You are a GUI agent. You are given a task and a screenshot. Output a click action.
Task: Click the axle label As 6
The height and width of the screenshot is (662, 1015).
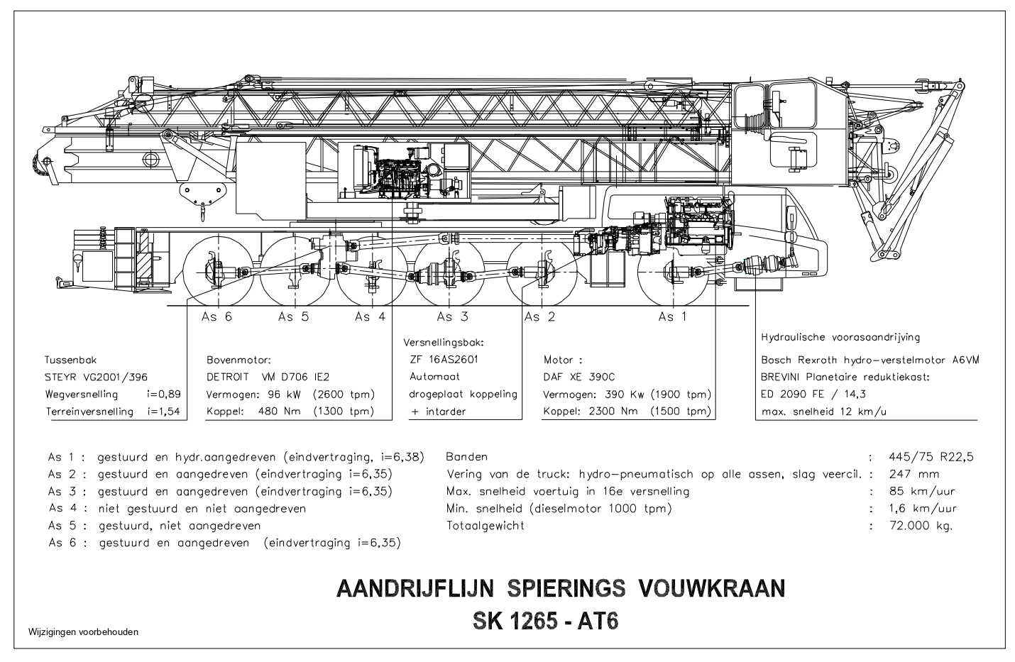pos(217,316)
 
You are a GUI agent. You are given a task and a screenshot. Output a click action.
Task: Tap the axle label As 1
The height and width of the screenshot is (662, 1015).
pos(672,316)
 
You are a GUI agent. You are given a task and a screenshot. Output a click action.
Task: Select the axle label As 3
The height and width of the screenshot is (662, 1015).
pos(452,316)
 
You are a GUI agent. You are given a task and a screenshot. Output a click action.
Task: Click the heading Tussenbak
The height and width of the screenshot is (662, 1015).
pos(70,359)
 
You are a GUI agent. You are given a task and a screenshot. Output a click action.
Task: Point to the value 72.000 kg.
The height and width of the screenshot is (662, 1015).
pos(921,526)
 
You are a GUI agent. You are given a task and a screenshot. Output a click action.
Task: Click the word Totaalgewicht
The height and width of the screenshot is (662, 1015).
pos(485,526)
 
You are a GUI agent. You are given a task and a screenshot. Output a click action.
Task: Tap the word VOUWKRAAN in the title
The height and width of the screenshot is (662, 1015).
pos(712,589)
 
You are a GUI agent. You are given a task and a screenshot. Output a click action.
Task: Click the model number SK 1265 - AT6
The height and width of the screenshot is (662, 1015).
pos(545,621)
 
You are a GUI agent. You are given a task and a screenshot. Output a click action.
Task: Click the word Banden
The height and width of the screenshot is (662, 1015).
pos(466,457)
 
